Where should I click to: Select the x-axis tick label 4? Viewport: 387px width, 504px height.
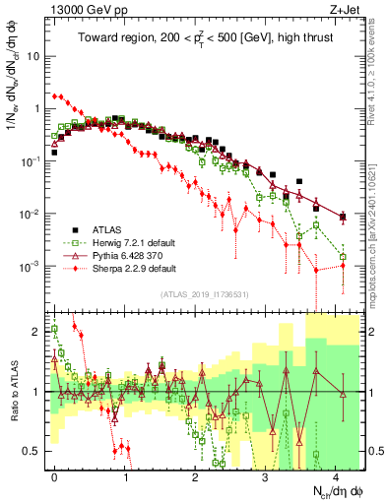(x=336, y=474)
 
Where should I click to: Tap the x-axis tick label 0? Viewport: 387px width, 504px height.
(x=55, y=474)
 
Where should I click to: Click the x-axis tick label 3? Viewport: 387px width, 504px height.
(x=266, y=474)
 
